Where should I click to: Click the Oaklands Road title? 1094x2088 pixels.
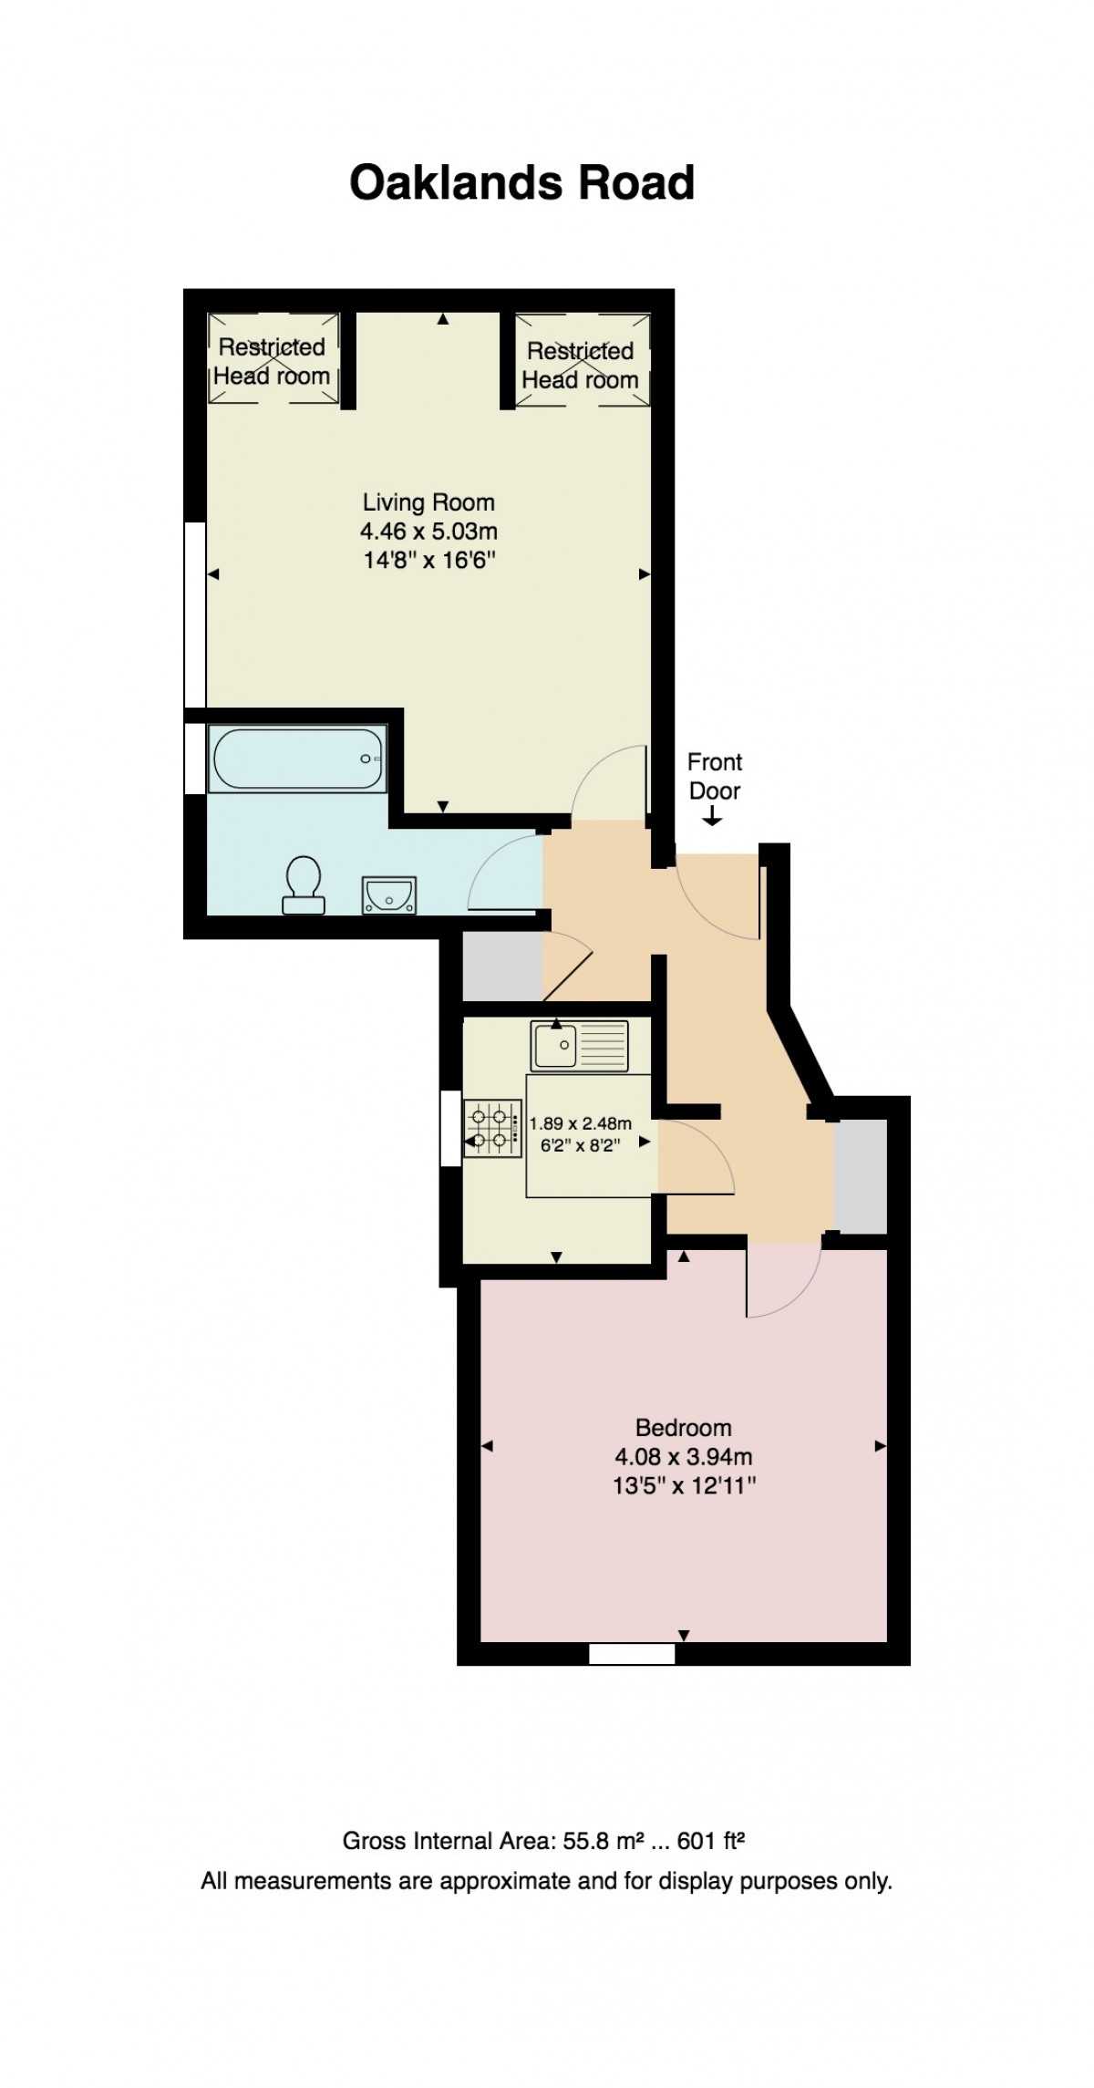point(521,182)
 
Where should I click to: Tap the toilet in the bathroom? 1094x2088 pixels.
point(303,884)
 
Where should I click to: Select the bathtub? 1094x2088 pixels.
point(297,758)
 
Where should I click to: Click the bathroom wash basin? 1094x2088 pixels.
point(389,894)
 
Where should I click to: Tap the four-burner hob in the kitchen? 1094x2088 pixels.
point(492,1128)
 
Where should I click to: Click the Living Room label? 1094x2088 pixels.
point(428,501)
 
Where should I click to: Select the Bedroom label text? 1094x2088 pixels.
point(683,1427)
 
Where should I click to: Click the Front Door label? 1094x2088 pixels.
point(714,776)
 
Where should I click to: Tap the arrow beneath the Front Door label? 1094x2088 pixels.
point(712,819)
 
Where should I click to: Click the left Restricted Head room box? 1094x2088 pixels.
point(273,358)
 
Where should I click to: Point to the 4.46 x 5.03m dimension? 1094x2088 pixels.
point(428,531)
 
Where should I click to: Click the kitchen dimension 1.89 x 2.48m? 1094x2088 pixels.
point(581,1123)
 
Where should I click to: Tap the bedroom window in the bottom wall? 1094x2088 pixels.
point(631,1653)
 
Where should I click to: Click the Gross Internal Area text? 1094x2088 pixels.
point(543,1840)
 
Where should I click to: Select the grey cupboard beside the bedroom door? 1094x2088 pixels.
point(861,1175)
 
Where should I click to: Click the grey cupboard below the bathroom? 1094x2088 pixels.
point(502,966)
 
